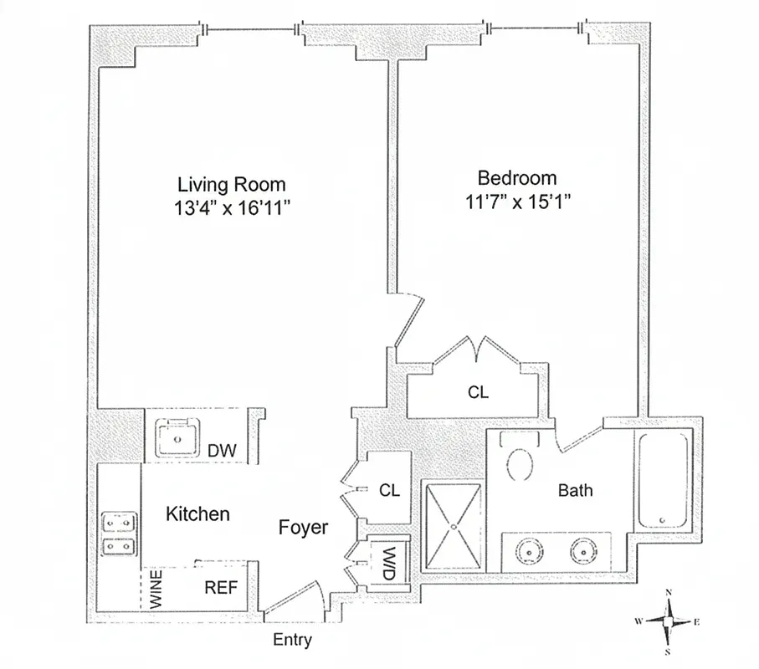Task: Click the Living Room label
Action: (x=231, y=184)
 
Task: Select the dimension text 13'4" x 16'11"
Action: (x=231, y=207)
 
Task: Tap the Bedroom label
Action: (x=516, y=178)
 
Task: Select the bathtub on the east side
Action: (x=663, y=478)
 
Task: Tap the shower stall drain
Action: (x=453, y=528)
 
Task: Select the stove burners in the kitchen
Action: (x=118, y=534)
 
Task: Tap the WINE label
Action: (x=156, y=588)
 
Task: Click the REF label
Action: (x=221, y=588)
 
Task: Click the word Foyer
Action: (x=303, y=528)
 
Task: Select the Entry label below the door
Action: (x=293, y=641)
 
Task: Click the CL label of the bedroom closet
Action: (x=478, y=392)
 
